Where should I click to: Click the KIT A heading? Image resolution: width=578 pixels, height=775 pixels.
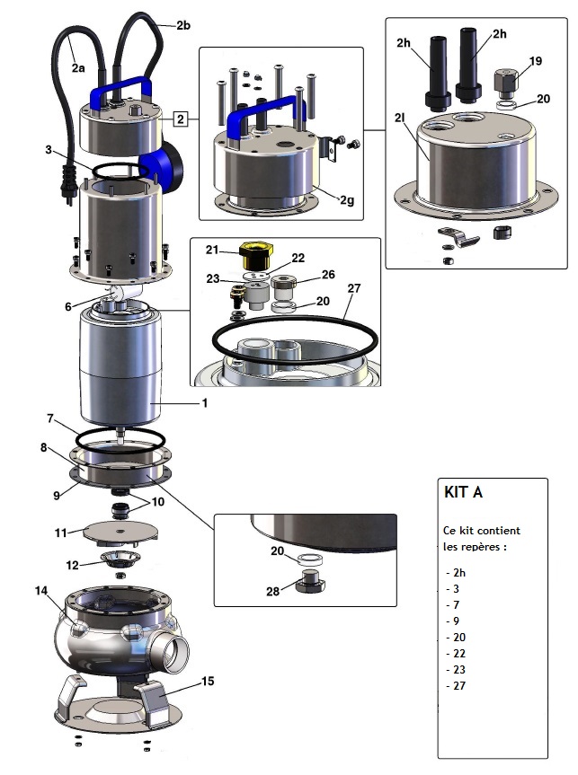464,493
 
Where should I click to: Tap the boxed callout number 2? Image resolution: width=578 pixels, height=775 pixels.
181,119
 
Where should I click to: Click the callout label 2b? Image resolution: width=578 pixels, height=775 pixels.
182,25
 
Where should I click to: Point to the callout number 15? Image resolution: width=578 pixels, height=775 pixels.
208,682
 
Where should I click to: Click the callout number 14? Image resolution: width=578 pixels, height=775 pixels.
40,591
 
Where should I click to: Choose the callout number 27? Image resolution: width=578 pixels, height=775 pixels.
353,288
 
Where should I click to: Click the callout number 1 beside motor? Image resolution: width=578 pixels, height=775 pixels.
204,403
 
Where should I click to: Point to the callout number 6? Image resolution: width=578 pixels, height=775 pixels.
67,307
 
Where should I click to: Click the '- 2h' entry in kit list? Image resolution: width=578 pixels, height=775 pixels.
457,572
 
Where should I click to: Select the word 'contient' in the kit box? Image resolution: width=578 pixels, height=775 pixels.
496,530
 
